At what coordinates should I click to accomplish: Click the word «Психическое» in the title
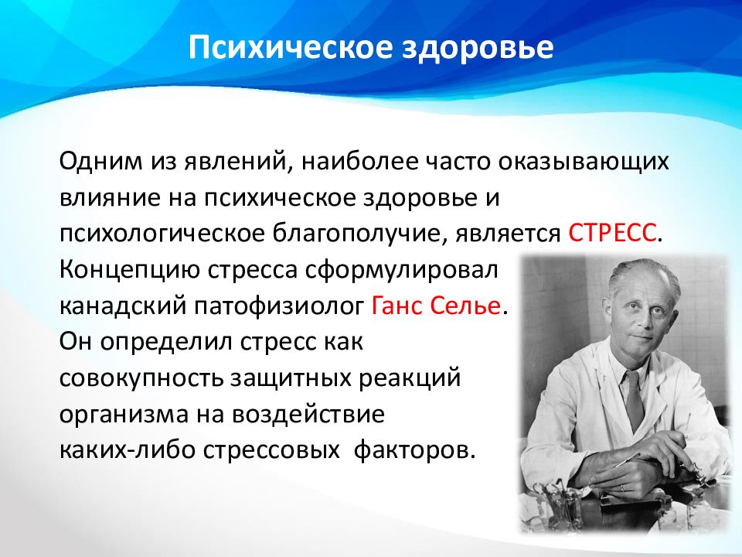pyautogui.click(x=291, y=47)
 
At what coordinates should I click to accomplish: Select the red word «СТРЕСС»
pyautogui.click(x=612, y=233)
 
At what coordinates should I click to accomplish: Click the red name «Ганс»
pyautogui.click(x=396, y=306)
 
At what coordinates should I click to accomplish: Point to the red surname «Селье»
pyautogui.click(x=465, y=306)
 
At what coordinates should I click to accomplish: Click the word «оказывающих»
pyautogui.click(x=583, y=162)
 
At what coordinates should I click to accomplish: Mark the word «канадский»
pyautogui.click(x=123, y=307)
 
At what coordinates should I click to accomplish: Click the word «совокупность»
pyautogui.click(x=141, y=379)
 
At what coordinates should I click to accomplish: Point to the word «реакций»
pyautogui.click(x=410, y=379)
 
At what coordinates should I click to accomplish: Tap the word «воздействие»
pyautogui.click(x=308, y=415)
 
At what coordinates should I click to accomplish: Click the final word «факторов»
pyautogui.click(x=414, y=451)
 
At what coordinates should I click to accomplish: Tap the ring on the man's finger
pyautogui.click(x=623, y=487)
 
